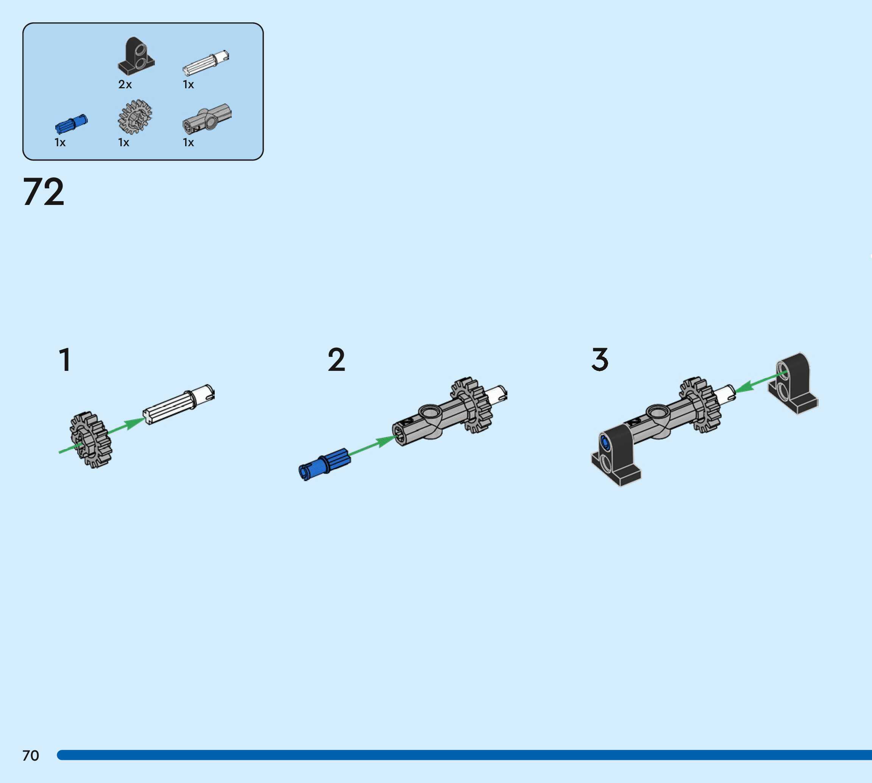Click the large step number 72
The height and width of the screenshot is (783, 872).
pyautogui.click(x=44, y=192)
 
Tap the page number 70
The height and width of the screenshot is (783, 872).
pyautogui.click(x=31, y=755)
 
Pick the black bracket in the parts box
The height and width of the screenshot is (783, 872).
pyautogui.click(x=136, y=56)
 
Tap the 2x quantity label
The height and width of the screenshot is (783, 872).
pyautogui.click(x=125, y=84)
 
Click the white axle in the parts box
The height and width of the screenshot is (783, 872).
pyautogui.click(x=206, y=63)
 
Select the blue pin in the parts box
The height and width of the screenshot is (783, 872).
pyautogui.click(x=71, y=124)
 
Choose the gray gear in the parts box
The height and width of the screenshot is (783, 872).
pyautogui.click(x=134, y=117)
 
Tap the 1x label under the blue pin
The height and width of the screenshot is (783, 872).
pyautogui.click(x=60, y=142)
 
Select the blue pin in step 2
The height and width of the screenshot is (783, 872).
pyautogui.click(x=324, y=464)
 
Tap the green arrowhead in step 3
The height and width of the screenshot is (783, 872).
pyautogui.click(x=746, y=386)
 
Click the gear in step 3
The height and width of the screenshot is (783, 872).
pyautogui.click(x=700, y=405)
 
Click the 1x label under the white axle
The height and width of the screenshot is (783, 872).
pyautogui.click(x=188, y=85)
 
